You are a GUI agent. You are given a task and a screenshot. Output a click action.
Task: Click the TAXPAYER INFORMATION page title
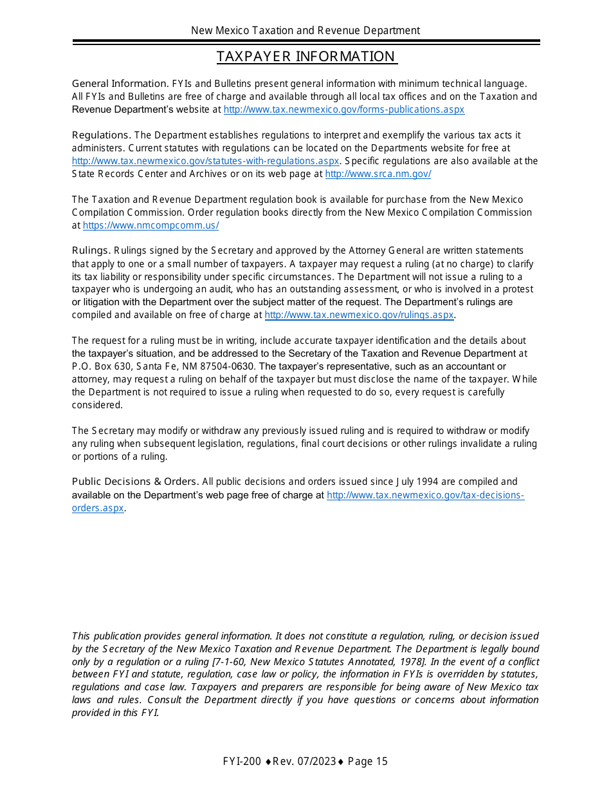[x=306, y=57]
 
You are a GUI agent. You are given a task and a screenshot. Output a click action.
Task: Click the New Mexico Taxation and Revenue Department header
[x=305, y=30]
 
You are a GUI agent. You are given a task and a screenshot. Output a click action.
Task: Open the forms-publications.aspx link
[x=343, y=109]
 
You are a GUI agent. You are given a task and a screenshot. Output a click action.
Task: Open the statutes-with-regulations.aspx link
[x=205, y=161]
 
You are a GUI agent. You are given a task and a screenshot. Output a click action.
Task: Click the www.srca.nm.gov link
[x=378, y=174]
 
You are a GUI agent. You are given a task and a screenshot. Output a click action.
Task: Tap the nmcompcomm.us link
[x=150, y=225]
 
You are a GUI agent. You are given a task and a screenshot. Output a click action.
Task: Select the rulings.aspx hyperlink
[x=359, y=315]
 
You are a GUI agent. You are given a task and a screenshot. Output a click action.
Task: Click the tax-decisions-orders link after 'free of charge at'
[x=425, y=495]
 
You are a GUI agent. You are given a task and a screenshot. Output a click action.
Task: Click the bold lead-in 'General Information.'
[x=120, y=84]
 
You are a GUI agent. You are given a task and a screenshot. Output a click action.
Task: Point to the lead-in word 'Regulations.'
[x=102, y=135]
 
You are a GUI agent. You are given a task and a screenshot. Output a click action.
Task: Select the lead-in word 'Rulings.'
[x=91, y=250]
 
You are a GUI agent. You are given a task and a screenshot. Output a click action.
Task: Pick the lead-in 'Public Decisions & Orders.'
[x=135, y=482]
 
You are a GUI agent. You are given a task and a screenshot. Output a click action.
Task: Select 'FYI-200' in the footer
[x=242, y=762]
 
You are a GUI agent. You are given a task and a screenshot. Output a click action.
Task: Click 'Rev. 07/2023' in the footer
[x=304, y=762]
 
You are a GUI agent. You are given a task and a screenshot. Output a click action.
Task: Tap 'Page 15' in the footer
[x=368, y=762]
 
